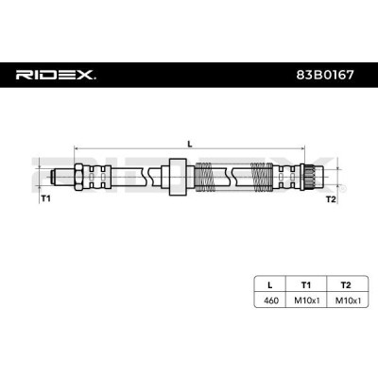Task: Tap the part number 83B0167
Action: (x=325, y=75)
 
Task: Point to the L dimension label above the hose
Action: (x=190, y=144)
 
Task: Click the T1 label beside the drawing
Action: (x=45, y=198)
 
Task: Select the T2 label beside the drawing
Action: (x=331, y=199)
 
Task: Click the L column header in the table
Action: (x=269, y=285)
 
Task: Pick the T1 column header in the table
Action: (x=306, y=285)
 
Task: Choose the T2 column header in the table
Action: (x=346, y=285)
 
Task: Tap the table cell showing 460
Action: (x=271, y=301)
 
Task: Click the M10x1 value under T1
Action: (x=307, y=301)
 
